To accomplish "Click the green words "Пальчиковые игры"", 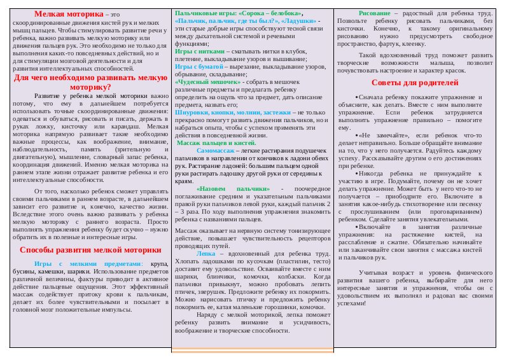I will point(200,12).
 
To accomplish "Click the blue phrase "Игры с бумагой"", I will point(200,66).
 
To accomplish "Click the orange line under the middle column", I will point(253,350).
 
